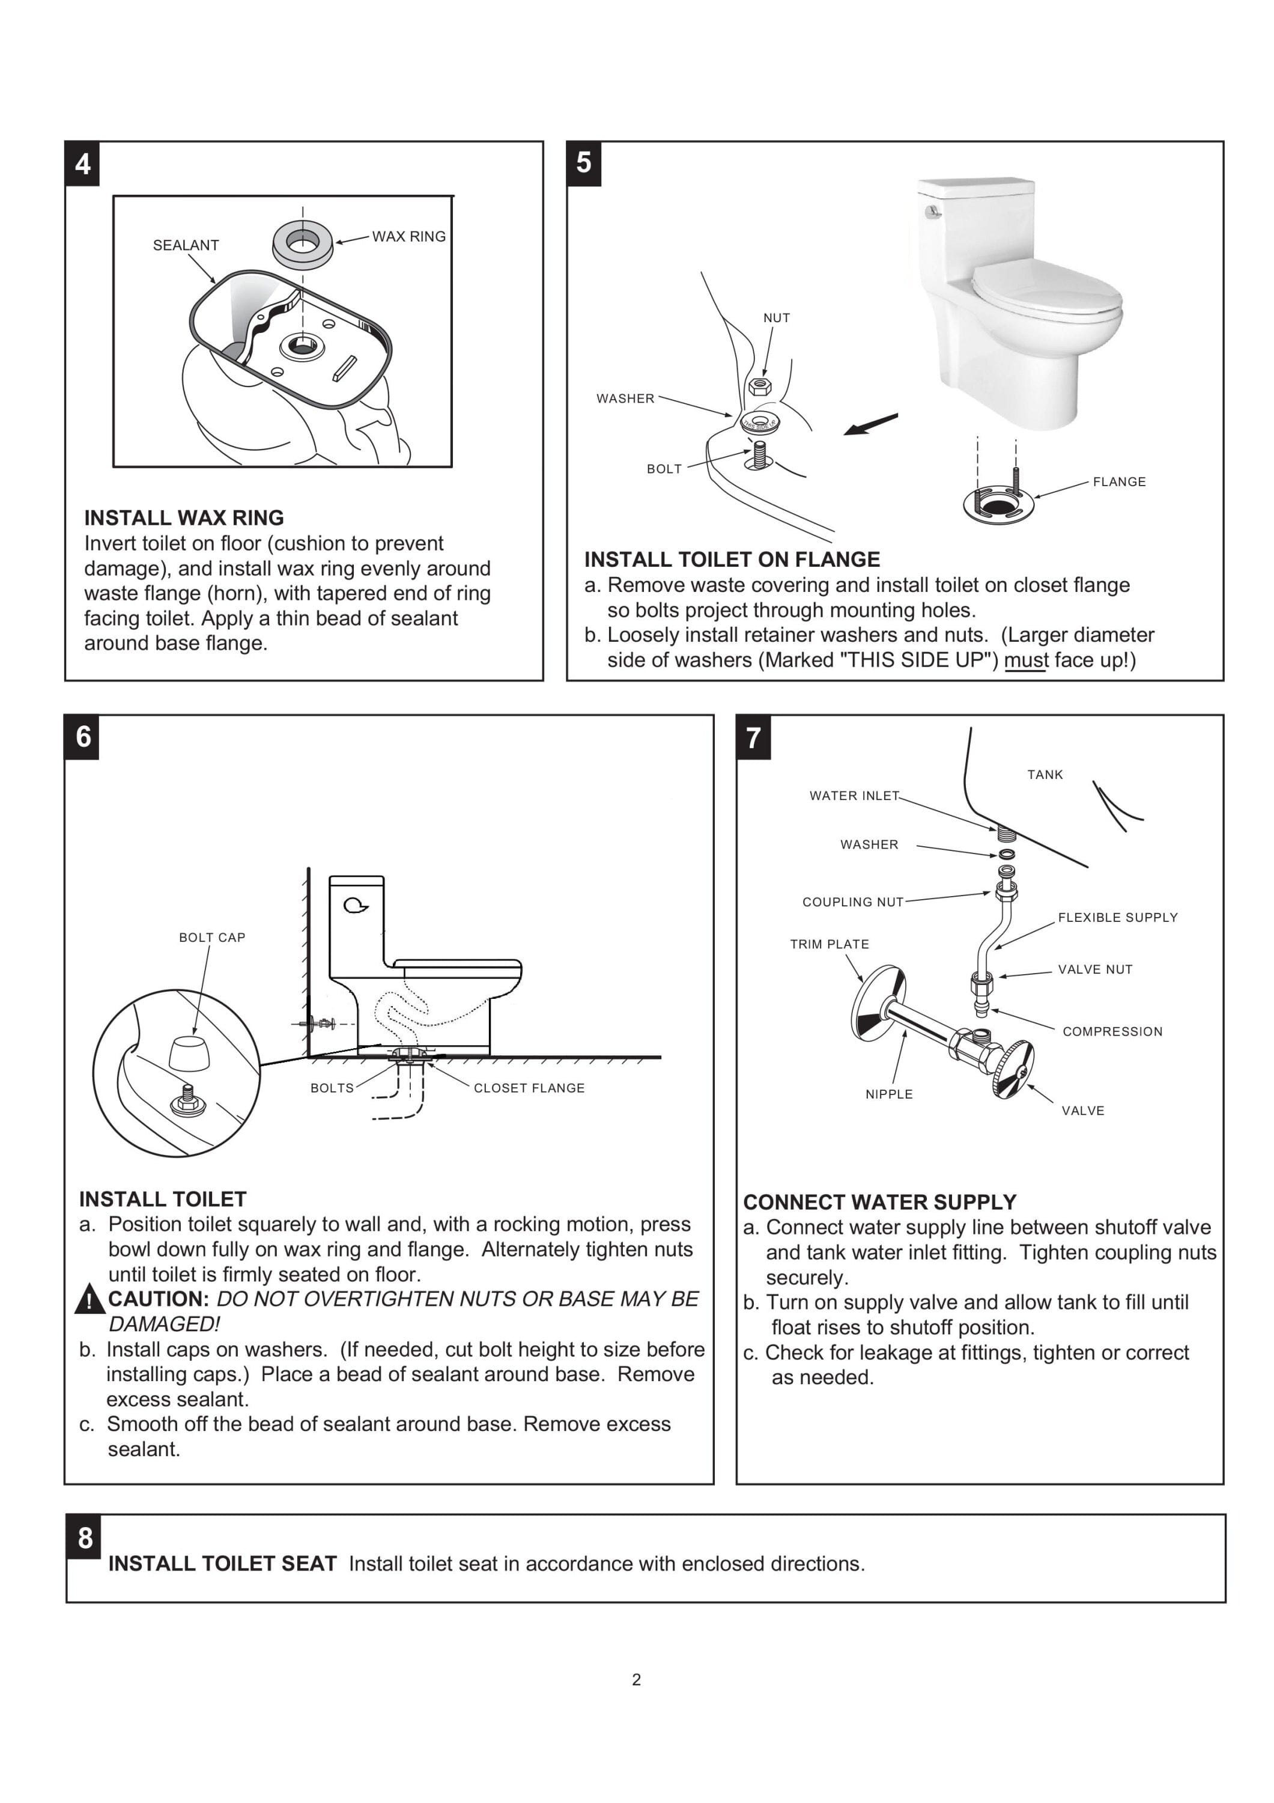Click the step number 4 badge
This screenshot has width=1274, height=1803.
82,164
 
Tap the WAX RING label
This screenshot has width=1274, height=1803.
408,236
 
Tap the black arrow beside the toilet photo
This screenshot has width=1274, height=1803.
870,424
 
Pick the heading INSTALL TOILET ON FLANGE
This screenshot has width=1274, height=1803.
732,559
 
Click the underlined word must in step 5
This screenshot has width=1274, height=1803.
1025,660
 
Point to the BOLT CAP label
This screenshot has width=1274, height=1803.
212,937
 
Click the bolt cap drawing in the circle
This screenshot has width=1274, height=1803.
189,1052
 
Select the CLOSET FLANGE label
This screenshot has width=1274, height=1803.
529,1088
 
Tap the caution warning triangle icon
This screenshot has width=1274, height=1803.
89,1299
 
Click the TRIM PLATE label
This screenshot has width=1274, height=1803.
829,944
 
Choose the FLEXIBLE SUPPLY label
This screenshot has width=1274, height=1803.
1117,917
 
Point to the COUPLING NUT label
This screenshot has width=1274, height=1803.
852,901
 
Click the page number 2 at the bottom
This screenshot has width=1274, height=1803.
636,1680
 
